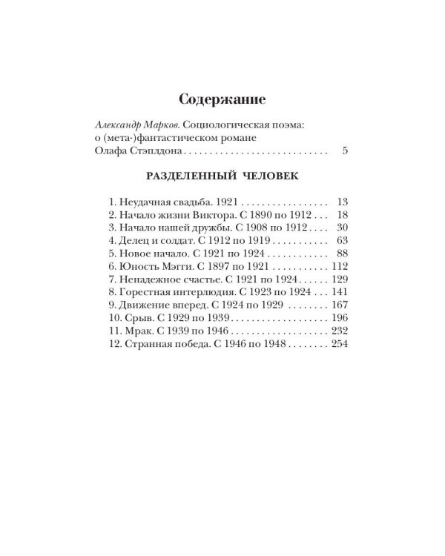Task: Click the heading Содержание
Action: point(222,99)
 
